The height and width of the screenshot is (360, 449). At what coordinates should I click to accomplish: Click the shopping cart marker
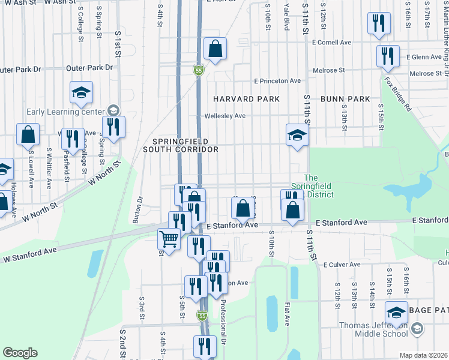pyautogui.click(x=169, y=239)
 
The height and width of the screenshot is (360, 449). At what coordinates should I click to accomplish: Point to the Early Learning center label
pyautogui.click(x=66, y=111)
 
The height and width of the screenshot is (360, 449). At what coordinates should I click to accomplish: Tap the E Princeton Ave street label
pyautogui.click(x=277, y=81)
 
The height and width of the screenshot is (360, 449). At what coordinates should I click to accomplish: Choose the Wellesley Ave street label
pyautogui.click(x=225, y=116)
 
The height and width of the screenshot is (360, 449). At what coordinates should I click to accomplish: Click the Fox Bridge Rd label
pyautogui.click(x=398, y=92)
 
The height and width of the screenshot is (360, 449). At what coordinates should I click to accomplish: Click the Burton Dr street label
pyautogui.click(x=140, y=209)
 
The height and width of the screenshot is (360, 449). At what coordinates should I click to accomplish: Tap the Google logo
pyautogui.click(x=20, y=353)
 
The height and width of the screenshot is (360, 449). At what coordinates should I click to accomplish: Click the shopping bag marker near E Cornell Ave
pyautogui.click(x=214, y=49)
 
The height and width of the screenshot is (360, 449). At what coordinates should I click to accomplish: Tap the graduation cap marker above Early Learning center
pyautogui.click(x=81, y=92)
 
